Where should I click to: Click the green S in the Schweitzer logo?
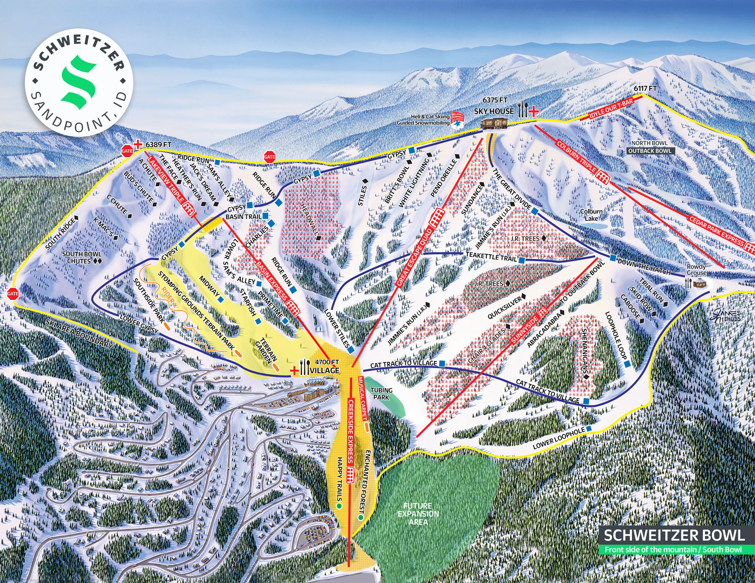pos(78,83)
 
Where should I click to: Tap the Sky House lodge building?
pos(494,123)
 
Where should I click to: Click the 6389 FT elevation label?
pos(158,145)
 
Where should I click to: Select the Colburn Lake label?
pos(591,215)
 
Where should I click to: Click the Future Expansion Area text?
pos(418,514)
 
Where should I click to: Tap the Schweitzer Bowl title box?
pos(674,535)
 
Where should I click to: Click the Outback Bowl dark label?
pos(650,151)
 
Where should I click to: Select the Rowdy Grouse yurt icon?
pos(697,282)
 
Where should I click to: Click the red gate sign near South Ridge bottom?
pos(12,294)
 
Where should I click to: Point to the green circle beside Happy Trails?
pos(339,506)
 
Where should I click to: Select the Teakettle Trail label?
pos(491,257)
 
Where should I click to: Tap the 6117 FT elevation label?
pos(645,89)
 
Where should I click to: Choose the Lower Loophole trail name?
pos(558,438)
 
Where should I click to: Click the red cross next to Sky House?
pos(534,111)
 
